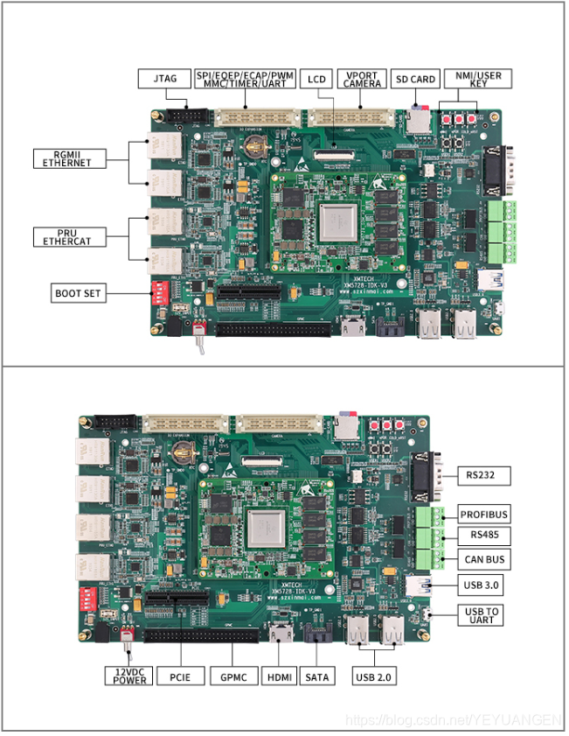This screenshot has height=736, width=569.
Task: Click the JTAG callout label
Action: click(x=164, y=79)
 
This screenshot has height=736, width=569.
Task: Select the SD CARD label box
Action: click(x=416, y=80)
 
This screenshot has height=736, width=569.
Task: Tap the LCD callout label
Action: click(x=316, y=80)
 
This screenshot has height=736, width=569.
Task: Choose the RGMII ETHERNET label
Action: click(x=69, y=158)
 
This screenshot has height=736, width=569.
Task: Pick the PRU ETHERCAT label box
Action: click(x=69, y=235)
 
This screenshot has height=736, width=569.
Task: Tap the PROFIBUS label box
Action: click(x=484, y=514)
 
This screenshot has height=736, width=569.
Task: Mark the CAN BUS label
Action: click(x=484, y=558)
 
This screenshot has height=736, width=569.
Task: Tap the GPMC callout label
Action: click(x=233, y=676)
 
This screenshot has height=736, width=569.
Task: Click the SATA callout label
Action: click(x=316, y=676)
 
